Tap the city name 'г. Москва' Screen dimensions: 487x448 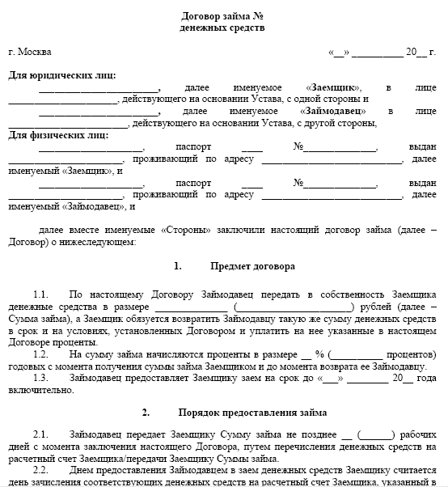pyautogui.click(x=29, y=53)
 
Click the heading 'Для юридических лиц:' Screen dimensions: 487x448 pyautogui.click(x=61, y=75)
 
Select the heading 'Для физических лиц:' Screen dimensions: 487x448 pyautogui.click(x=58, y=134)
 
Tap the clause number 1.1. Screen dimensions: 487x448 pyautogui.click(x=41, y=295)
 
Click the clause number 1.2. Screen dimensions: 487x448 pyautogui.click(x=41, y=354)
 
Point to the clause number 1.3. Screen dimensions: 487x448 pyautogui.click(x=41, y=378)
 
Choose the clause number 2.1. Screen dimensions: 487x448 pyautogui.click(x=41, y=436)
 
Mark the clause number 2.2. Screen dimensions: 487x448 pyautogui.click(x=41, y=471)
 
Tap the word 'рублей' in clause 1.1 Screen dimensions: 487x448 pyautogui.click(x=376, y=307)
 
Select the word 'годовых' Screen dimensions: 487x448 pyautogui.click(x=27, y=366)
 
